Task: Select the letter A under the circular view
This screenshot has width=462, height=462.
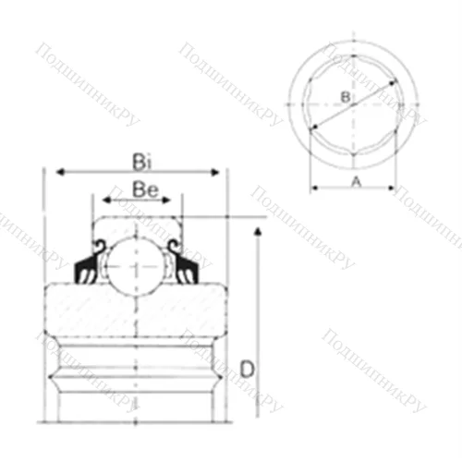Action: (355, 181)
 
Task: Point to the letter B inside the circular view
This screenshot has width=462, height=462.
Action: (344, 96)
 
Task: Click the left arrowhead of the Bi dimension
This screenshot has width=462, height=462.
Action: (59, 172)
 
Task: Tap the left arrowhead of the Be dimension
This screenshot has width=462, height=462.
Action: (104, 199)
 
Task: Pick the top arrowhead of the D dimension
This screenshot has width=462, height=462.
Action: (258, 225)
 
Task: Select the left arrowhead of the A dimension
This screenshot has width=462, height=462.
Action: (312, 188)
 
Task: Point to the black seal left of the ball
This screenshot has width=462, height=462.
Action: (87, 268)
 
